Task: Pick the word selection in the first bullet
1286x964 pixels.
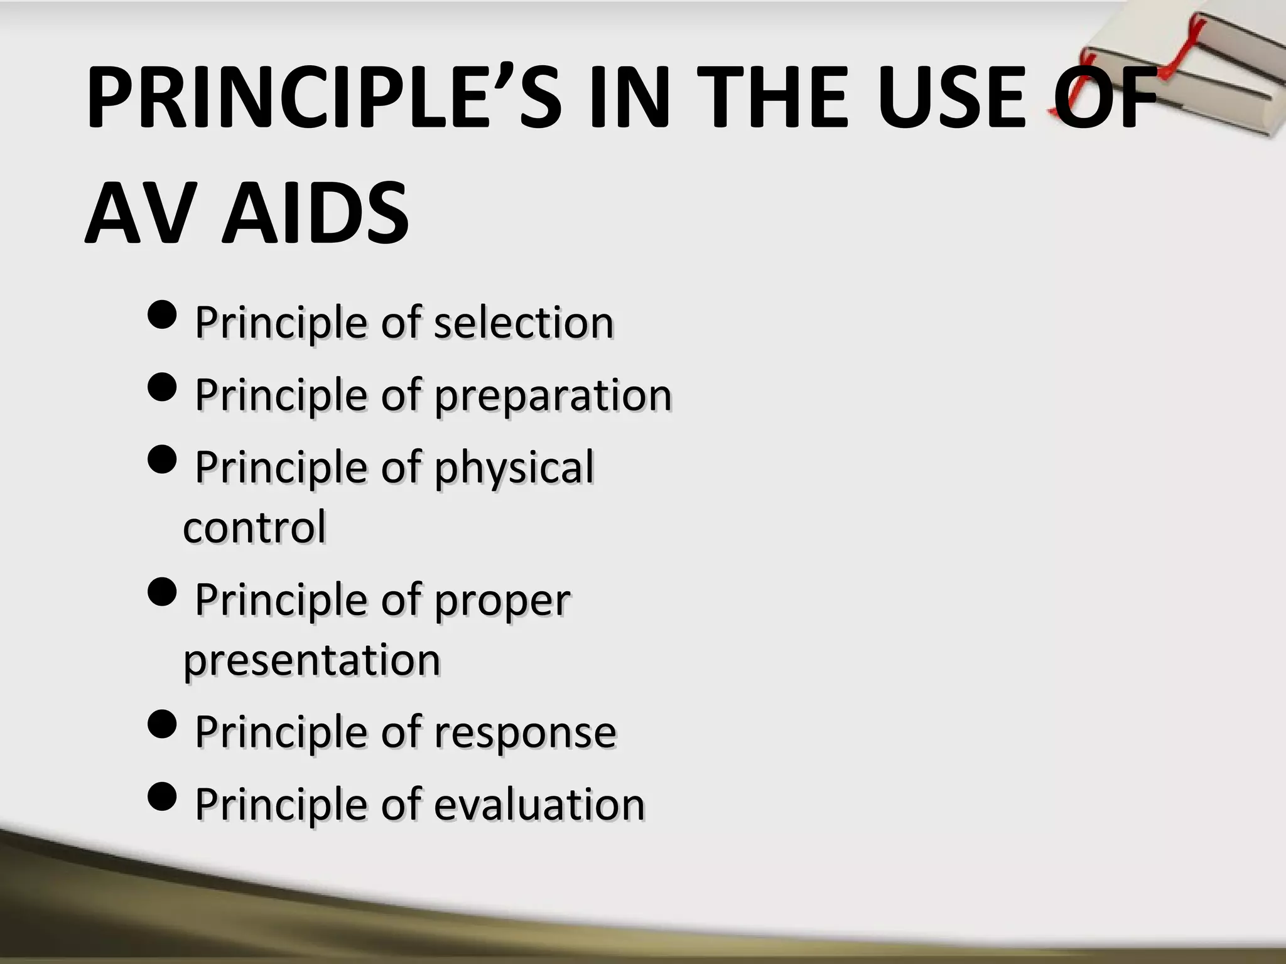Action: click(524, 323)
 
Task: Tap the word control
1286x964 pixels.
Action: click(254, 527)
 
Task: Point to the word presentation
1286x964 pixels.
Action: click(311, 661)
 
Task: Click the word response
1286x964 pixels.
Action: click(525, 732)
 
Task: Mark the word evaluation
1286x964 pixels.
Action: click(539, 805)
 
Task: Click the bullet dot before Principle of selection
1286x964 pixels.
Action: click(164, 316)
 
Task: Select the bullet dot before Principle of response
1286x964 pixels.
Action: click(164, 724)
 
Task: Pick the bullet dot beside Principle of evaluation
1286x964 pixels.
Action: click(164, 797)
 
